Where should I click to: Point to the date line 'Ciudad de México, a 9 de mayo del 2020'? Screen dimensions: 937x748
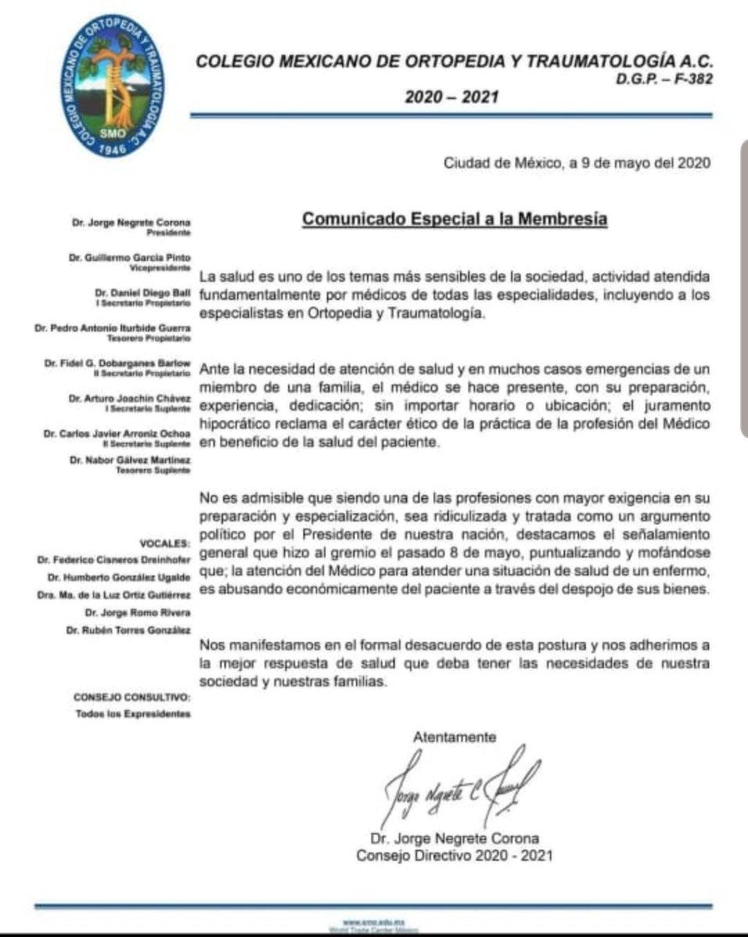(576, 163)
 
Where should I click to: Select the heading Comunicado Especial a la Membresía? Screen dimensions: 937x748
(454, 219)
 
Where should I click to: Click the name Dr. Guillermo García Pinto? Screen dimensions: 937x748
(138, 257)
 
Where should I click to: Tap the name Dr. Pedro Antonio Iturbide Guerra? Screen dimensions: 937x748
(112, 329)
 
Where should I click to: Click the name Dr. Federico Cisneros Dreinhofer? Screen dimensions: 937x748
(114, 560)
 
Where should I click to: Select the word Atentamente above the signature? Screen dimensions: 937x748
(454, 736)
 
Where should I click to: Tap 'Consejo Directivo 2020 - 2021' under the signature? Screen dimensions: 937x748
(454, 855)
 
